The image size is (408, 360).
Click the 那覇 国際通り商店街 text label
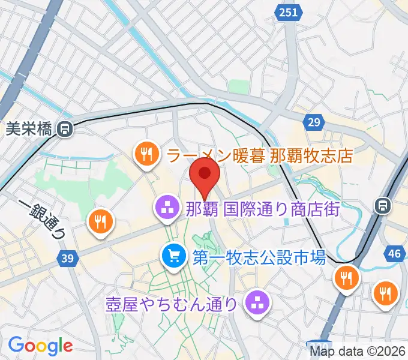(263, 209)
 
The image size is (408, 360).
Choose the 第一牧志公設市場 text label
(259, 258)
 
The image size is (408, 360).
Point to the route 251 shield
(287, 12)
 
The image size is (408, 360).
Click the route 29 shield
(313, 123)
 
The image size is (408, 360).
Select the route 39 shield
(68, 259)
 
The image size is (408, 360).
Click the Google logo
(40, 346)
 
